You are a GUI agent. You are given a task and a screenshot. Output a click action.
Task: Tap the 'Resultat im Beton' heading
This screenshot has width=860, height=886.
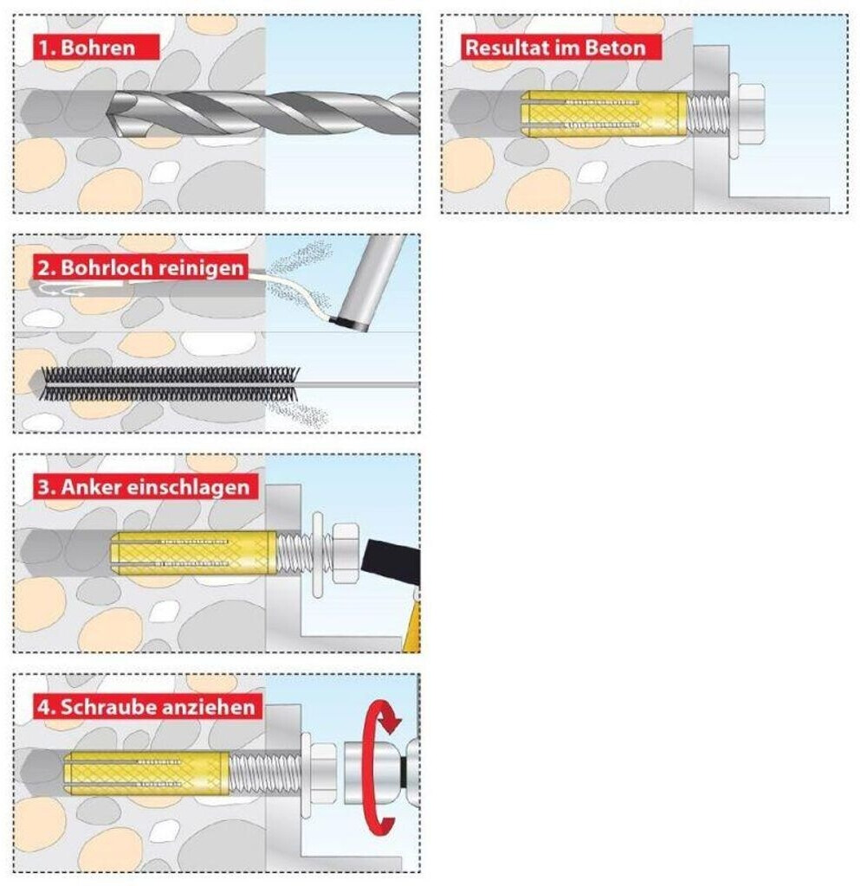561,47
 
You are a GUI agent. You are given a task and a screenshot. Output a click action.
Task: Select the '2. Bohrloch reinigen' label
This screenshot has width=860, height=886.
141,267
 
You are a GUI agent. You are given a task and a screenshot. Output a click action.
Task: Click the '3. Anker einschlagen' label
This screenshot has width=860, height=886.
145,486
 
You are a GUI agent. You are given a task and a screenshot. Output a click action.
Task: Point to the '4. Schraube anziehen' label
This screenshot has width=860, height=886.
147,706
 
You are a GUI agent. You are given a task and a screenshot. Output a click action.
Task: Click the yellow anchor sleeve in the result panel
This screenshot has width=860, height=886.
604,113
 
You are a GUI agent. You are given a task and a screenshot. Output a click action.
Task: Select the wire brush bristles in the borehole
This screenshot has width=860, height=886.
171,384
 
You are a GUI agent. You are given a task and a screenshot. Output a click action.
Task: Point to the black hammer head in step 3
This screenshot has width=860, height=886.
391,562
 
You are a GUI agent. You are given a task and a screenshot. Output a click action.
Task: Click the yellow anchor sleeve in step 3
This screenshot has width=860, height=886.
193,554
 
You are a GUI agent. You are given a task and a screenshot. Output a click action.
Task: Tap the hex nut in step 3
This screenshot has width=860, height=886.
343,553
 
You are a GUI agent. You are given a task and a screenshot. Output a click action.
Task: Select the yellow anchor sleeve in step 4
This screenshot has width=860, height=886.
147,773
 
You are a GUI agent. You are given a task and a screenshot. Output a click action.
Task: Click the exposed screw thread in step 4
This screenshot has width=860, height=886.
264,774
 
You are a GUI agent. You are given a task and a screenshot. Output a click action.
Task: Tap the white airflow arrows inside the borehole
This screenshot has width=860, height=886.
63,291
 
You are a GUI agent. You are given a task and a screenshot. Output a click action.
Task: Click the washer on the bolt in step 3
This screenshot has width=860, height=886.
318,555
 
